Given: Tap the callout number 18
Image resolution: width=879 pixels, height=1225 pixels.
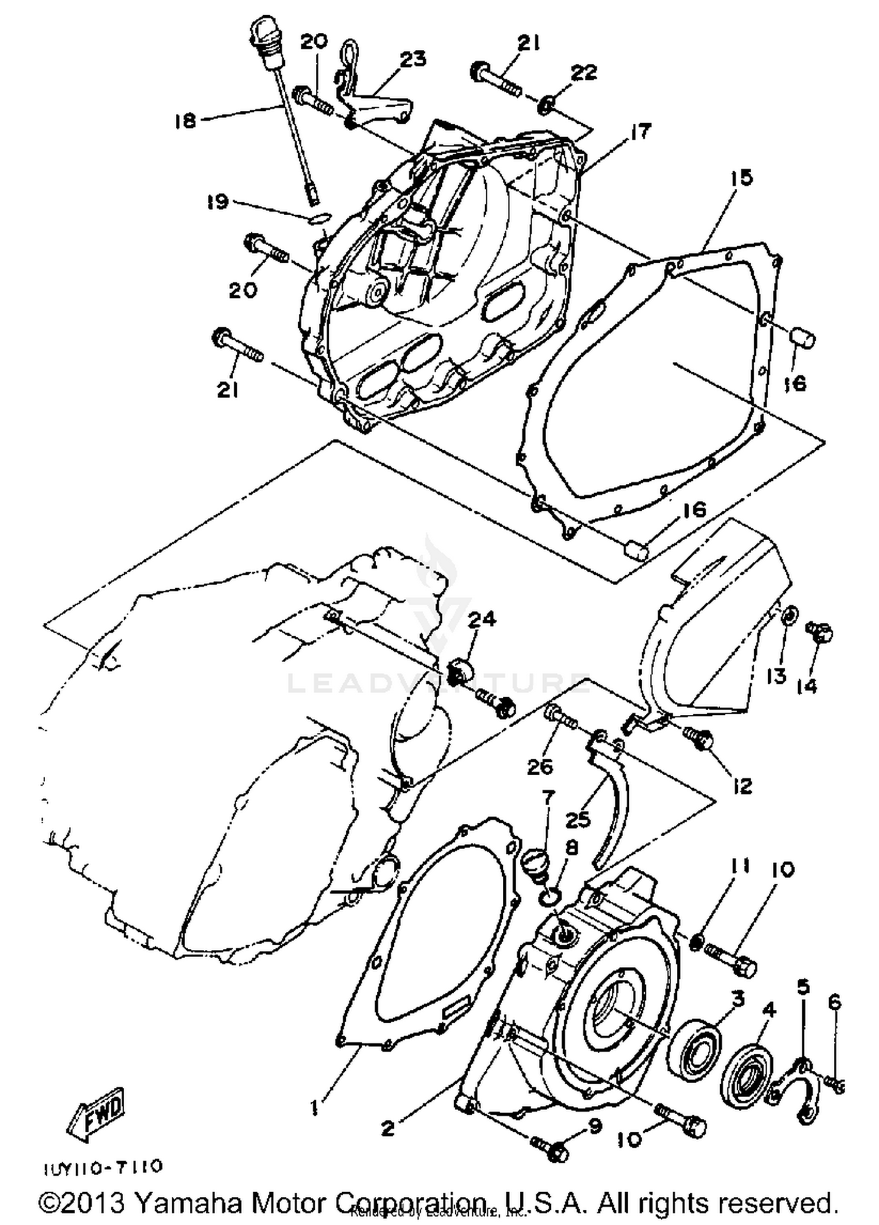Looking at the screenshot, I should [x=185, y=121].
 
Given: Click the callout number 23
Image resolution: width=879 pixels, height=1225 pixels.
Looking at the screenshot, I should [x=413, y=60].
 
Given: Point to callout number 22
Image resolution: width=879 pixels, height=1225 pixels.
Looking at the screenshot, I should [x=584, y=72].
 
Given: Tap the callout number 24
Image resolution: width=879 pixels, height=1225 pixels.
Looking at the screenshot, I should [x=482, y=619].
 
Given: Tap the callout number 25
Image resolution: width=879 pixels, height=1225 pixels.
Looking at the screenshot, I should [x=577, y=819].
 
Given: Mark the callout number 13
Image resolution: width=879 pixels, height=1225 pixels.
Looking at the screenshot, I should [x=776, y=676].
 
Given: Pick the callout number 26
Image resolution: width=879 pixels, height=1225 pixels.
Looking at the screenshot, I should [x=540, y=766].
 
